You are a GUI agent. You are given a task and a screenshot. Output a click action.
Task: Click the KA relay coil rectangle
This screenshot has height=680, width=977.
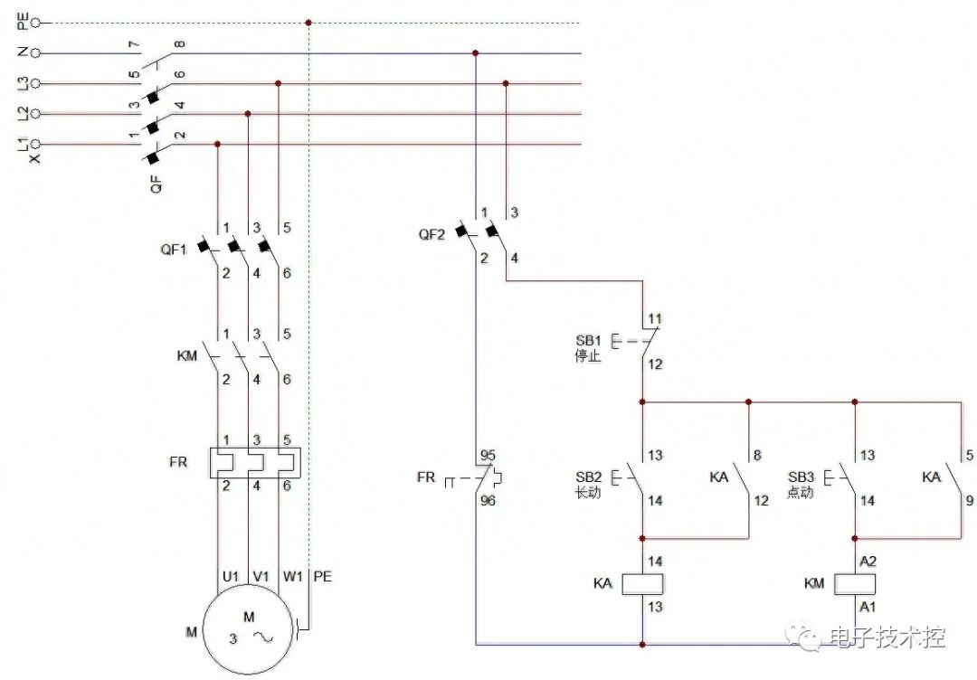pos(642,584)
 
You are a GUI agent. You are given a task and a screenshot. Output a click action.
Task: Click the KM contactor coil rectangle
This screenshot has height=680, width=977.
pos(855,584)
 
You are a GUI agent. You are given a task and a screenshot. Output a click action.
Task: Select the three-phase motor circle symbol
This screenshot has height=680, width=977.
pos(248,629)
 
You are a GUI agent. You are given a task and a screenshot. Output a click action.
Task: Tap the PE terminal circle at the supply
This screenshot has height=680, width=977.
pos(35,23)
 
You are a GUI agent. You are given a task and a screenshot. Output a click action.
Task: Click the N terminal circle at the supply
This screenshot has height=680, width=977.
pos(35,53)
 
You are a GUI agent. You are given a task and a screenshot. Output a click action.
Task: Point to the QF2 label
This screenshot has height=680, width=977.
pos(432,235)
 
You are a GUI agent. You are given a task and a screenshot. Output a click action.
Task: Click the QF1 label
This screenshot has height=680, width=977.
pos(174,250)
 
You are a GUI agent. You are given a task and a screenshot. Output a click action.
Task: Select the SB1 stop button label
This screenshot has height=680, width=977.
pos(589,341)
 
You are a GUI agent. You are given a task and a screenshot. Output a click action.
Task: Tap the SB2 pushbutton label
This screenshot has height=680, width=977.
pos(589,477)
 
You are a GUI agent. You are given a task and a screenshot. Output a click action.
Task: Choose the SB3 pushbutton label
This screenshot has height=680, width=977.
pos(802,477)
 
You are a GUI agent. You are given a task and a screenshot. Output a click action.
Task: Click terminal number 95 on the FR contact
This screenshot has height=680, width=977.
pos(488,455)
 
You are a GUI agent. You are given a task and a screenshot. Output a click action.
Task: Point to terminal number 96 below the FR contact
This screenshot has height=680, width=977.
pos(488,501)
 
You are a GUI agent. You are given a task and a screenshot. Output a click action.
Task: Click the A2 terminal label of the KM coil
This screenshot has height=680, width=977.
pos(868,562)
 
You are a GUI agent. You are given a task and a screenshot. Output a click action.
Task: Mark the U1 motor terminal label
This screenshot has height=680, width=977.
pos(231,577)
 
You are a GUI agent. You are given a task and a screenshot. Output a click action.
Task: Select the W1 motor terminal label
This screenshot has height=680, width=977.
pos(292,577)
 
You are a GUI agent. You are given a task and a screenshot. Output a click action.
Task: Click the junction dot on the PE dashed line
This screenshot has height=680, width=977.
pos(308,23)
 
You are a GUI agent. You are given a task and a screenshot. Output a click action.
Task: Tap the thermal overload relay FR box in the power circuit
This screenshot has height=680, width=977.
pos(255,463)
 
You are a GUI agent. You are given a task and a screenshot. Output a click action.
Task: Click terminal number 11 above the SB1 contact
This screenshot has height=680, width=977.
pos(655,319)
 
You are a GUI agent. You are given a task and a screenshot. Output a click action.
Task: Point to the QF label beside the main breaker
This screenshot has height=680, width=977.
pos(157,184)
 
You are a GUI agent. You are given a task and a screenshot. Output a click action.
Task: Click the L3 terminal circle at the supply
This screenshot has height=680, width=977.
pos(35,83)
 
